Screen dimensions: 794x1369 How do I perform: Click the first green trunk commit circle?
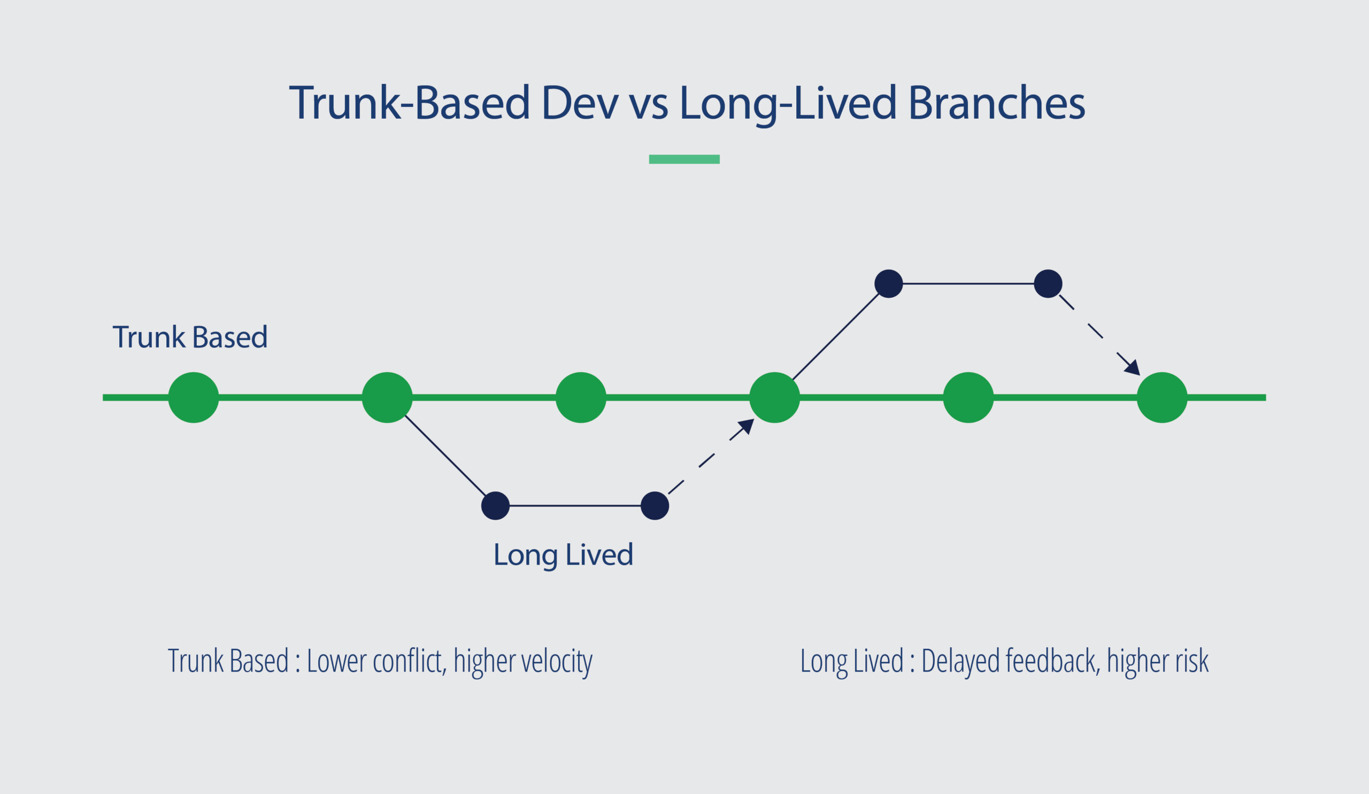(194, 398)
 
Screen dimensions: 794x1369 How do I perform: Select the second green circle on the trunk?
(387, 398)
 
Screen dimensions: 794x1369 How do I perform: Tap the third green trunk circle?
(581, 398)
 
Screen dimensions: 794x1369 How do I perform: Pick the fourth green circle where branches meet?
(775, 398)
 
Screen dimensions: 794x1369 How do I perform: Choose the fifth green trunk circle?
(968, 398)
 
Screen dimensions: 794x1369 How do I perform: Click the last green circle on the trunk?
(1162, 398)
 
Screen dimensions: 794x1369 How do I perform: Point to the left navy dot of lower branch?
(495, 506)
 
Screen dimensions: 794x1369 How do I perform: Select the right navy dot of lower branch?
(655, 506)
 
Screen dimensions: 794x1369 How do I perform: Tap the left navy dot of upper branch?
(889, 283)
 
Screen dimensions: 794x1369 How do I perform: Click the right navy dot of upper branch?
(1048, 283)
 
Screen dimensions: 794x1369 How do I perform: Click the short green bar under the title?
(684, 159)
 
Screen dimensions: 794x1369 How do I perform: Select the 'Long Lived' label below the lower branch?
(563, 554)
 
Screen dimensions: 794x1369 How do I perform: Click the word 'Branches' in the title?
(996, 103)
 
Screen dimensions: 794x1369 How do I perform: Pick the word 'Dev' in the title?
(580, 103)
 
